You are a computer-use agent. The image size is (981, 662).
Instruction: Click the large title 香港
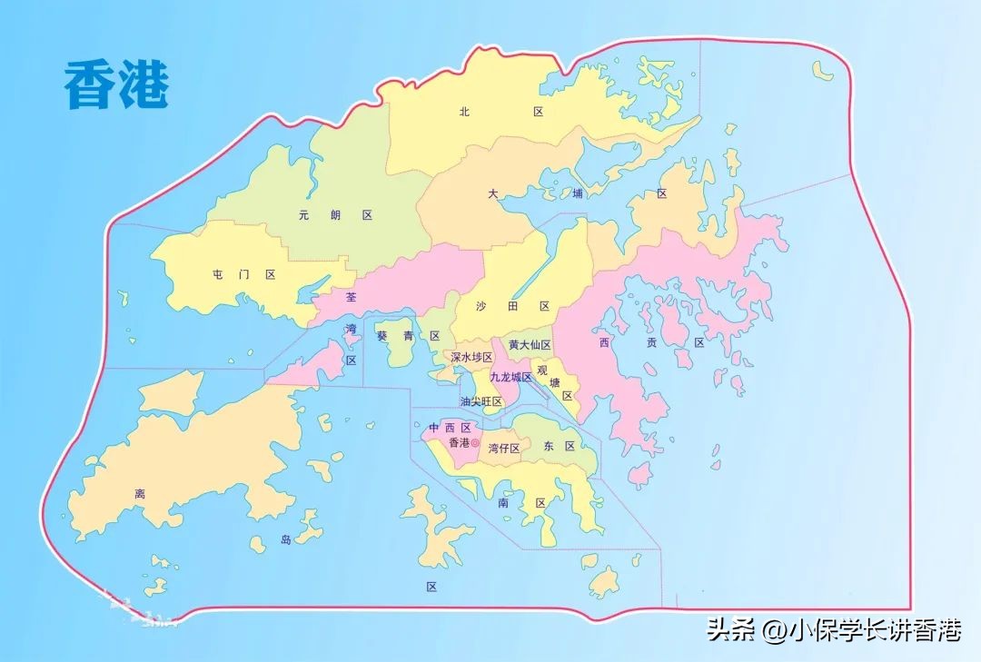tap(116, 85)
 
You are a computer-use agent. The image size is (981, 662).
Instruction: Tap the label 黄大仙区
tap(530, 345)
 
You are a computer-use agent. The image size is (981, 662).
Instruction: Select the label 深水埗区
tap(471, 358)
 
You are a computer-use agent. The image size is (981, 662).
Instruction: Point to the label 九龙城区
tap(510, 377)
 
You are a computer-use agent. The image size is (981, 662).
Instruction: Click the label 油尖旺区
tap(481, 401)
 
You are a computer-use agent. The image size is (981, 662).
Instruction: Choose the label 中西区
tap(450, 428)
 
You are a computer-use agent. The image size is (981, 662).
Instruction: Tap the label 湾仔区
tap(503, 448)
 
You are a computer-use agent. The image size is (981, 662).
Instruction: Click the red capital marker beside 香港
tap(474, 443)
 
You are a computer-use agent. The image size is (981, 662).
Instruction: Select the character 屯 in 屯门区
tap(217, 273)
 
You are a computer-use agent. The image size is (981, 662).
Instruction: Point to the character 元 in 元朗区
tap(304, 215)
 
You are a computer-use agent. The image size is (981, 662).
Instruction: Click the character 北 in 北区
tap(464, 112)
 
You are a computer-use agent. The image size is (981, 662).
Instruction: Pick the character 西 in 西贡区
tap(604, 342)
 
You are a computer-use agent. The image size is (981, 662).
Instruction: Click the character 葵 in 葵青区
tap(381, 336)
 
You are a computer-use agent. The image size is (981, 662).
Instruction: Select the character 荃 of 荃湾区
tap(352, 296)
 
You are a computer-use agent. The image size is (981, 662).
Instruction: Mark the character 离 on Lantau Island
tap(140, 494)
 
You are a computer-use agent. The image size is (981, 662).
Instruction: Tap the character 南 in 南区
tap(502, 502)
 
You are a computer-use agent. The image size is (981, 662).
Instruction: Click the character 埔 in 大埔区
tap(578, 193)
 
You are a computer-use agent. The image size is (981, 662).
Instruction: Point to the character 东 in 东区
tap(548, 446)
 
